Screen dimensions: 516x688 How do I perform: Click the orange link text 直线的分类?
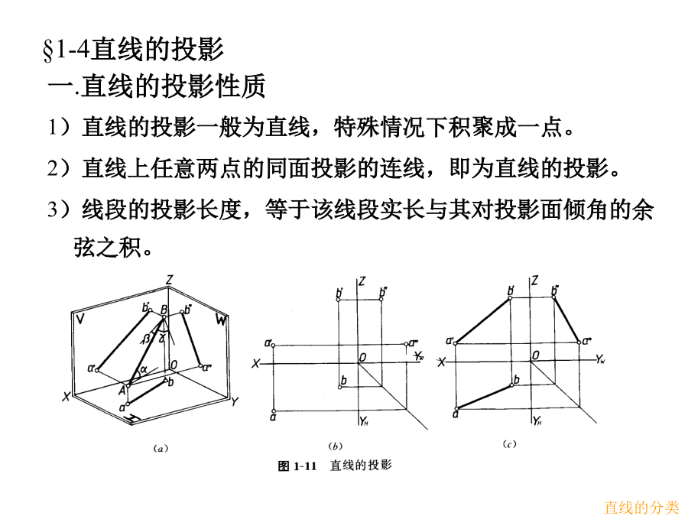641,507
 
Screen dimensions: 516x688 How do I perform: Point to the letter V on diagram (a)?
80,318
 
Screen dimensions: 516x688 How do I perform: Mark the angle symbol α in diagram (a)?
142,370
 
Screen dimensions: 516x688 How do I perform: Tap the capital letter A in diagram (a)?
122,389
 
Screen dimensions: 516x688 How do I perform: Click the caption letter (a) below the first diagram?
161,449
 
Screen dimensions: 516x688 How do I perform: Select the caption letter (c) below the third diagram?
509,443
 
